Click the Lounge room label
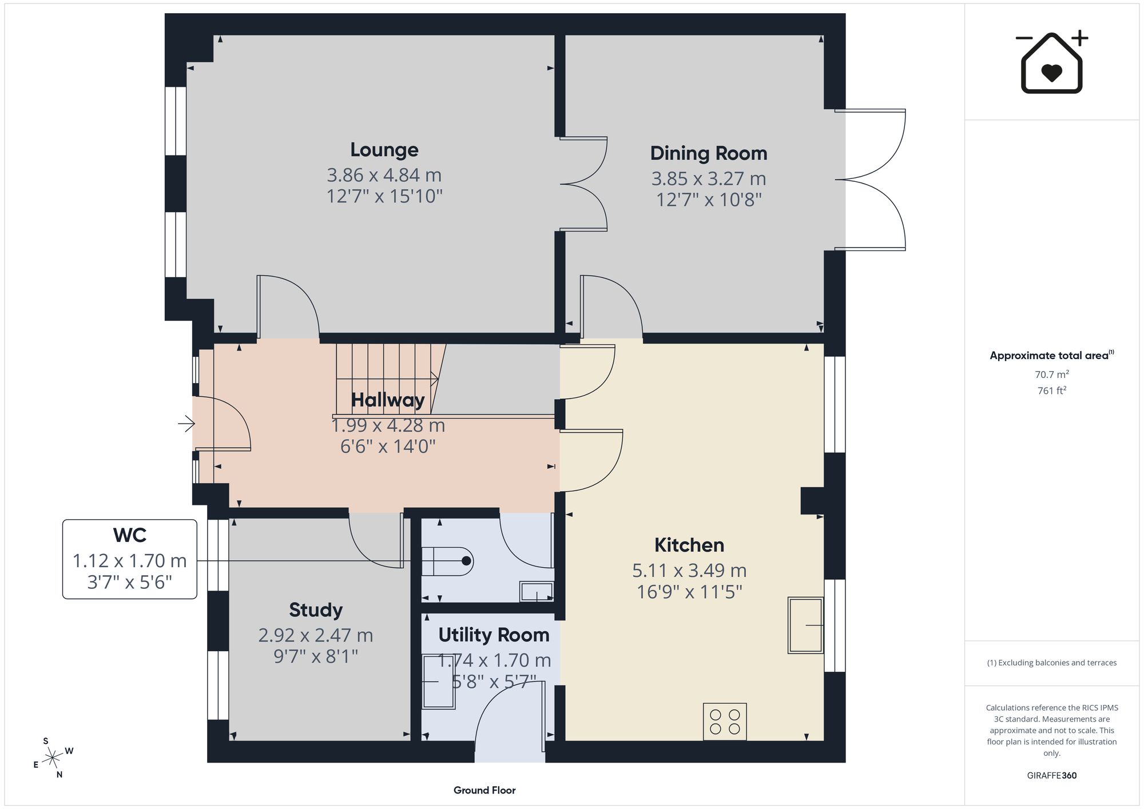click(384, 150)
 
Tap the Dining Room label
click(709, 153)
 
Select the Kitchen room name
click(689, 545)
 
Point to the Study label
click(316, 611)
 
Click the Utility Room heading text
click(494, 635)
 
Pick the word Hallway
click(388, 400)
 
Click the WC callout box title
click(130, 535)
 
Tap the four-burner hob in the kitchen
click(725, 722)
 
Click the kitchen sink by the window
click(806, 625)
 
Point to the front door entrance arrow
click(186, 424)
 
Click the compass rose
click(53, 758)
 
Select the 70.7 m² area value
click(1052, 374)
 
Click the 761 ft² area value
click(1052, 390)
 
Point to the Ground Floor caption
click(484, 790)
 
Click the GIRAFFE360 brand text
click(1052, 775)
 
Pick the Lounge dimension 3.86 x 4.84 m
click(384, 175)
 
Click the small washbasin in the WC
click(537, 592)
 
